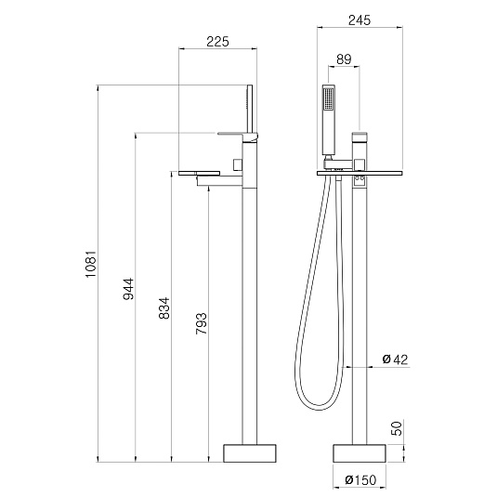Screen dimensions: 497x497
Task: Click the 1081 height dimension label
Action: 91,264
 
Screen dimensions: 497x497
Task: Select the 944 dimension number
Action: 129,289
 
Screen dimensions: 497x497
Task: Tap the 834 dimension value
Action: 164,308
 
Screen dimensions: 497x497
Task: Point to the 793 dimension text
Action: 202,323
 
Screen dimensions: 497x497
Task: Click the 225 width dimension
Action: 217,42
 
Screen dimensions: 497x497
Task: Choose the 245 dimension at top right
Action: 360,20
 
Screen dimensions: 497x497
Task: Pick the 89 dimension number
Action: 344,59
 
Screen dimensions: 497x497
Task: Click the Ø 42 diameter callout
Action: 395,360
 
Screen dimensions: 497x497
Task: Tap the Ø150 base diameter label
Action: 360,480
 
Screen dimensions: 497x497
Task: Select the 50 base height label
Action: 397,428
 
